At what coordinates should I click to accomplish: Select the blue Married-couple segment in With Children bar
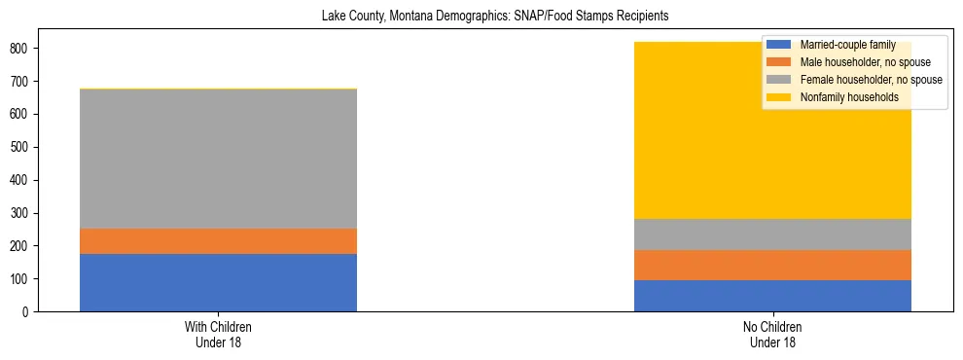pyautogui.click(x=218, y=282)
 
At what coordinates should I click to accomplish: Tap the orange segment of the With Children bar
pyautogui.click(x=218, y=241)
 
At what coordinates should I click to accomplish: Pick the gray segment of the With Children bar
pyautogui.click(x=218, y=159)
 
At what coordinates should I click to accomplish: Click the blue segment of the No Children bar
pyautogui.click(x=772, y=296)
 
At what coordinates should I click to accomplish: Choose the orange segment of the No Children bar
pyautogui.click(x=772, y=265)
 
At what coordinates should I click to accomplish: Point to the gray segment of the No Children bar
pyautogui.click(x=772, y=234)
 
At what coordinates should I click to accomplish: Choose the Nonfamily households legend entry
pyautogui.click(x=841, y=97)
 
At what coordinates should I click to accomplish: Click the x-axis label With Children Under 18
pyautogui.click(x=218, y=334)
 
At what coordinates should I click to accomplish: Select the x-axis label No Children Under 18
pyautogui.click(x=772, y=334)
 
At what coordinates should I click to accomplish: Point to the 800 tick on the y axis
pyautogui.click(x=20, y=49)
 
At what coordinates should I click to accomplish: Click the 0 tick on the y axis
pyautogui.click(x=28, y=312)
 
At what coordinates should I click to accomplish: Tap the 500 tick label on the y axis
pyautogui.click(x=20, y=147)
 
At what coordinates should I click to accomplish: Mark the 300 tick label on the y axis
pyautogui.click(x=20, y=213)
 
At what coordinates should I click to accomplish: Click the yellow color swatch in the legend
pyautogui.click(x=779, y=97)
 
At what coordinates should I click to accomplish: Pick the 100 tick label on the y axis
pyautogui.click(x=20, y=279)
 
